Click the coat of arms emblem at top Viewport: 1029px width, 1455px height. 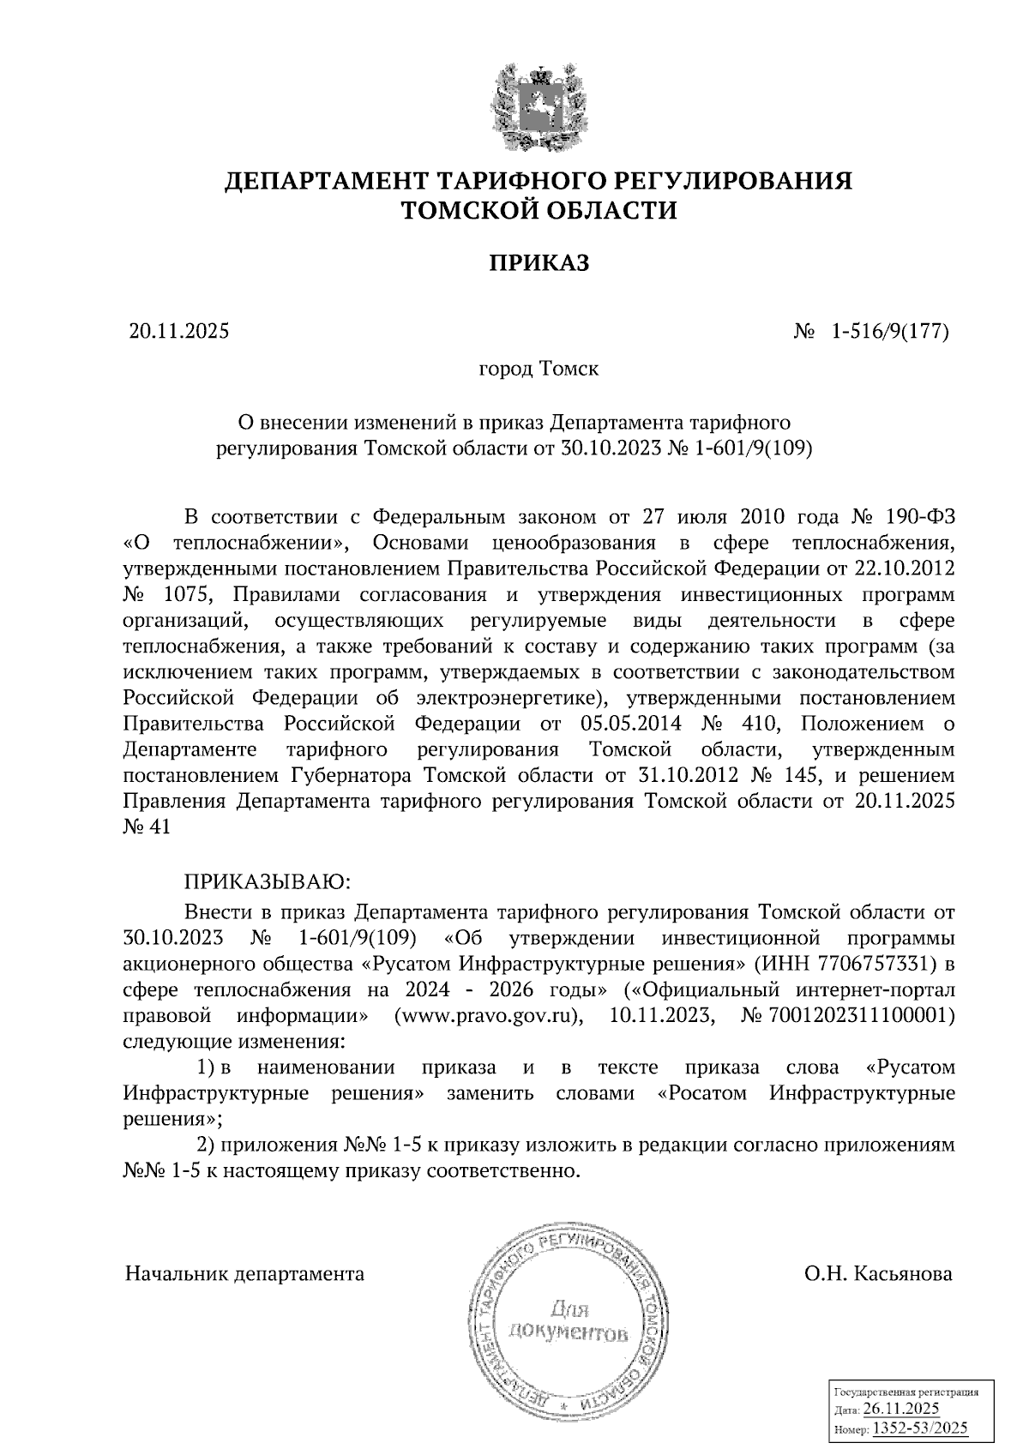pyautogui.click(x=538, y=108)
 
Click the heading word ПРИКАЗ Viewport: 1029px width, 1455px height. pyautogui.click(x=539, y=263)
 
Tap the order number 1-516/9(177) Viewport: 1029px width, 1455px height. pyautogui.click(x=888, y=331)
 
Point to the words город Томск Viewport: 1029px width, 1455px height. pyautogui.click(x=538, y=370)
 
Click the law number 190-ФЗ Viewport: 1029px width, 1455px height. pyautogui.click(x=918, y=517)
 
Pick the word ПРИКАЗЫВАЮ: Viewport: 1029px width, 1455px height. pyautogui.click(x=265, y=881)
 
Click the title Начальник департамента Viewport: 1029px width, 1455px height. pyautogui.click(x=244, y=1273)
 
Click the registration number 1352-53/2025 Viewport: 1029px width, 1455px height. pyautogui.click(x=919, y=1428)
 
